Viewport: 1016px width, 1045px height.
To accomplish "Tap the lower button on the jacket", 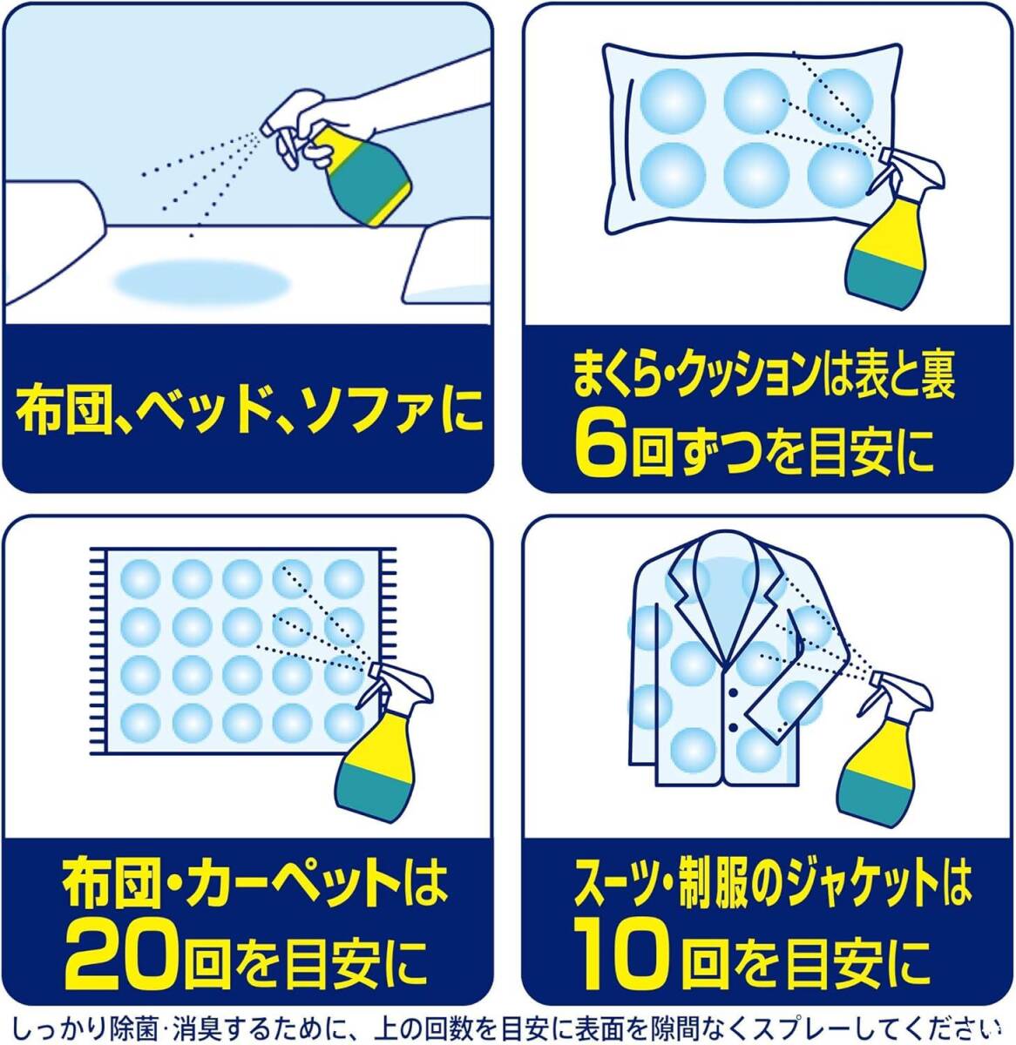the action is [x=733, y=728].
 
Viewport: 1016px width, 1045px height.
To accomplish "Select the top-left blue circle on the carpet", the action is [x=140, y=579].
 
